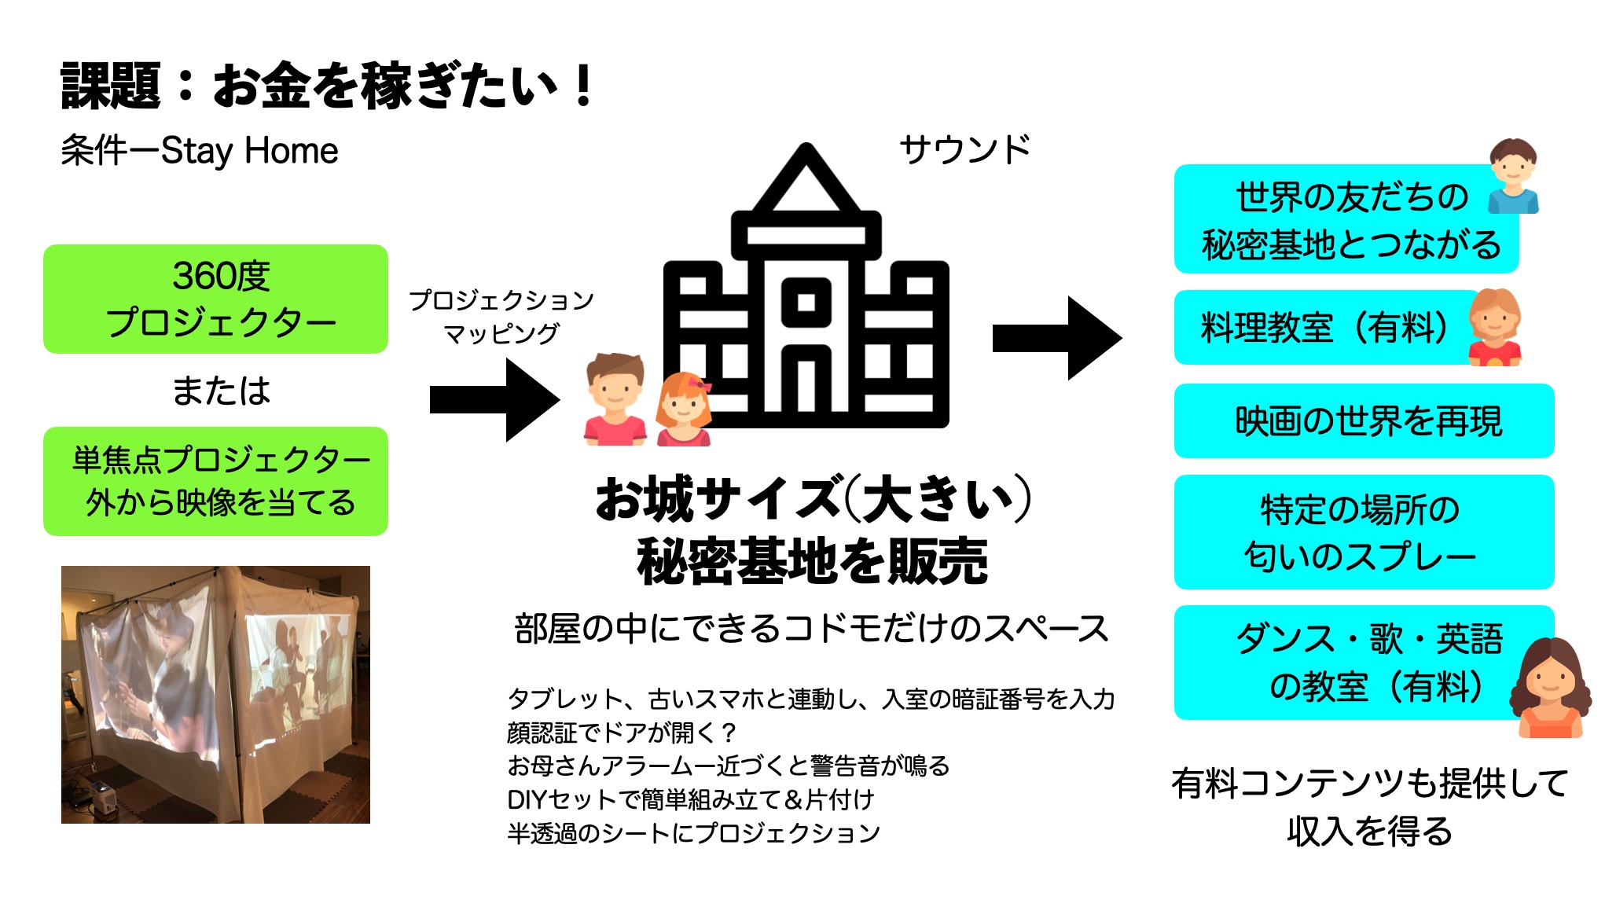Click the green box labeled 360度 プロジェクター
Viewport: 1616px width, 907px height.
pos(215,299)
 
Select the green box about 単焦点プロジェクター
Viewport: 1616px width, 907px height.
pos(215,481)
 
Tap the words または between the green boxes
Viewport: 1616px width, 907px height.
pos(221,391)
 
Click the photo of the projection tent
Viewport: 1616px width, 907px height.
pos(215,694)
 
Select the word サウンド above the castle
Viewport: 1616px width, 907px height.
pos(964,149)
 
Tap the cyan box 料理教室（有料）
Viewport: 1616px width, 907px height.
pos(1324,328)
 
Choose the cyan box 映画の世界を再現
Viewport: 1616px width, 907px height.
pos(1364,421)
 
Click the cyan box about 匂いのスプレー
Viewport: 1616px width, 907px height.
pos(1364,532)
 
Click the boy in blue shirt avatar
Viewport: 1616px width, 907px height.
pos(1513,176)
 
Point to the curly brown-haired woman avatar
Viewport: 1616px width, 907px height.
pos(1550,688)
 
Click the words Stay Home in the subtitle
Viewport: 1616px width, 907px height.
pos(249,151)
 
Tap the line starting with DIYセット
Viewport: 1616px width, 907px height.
pos(690,799)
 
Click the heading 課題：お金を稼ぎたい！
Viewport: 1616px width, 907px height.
pos(326,86)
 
